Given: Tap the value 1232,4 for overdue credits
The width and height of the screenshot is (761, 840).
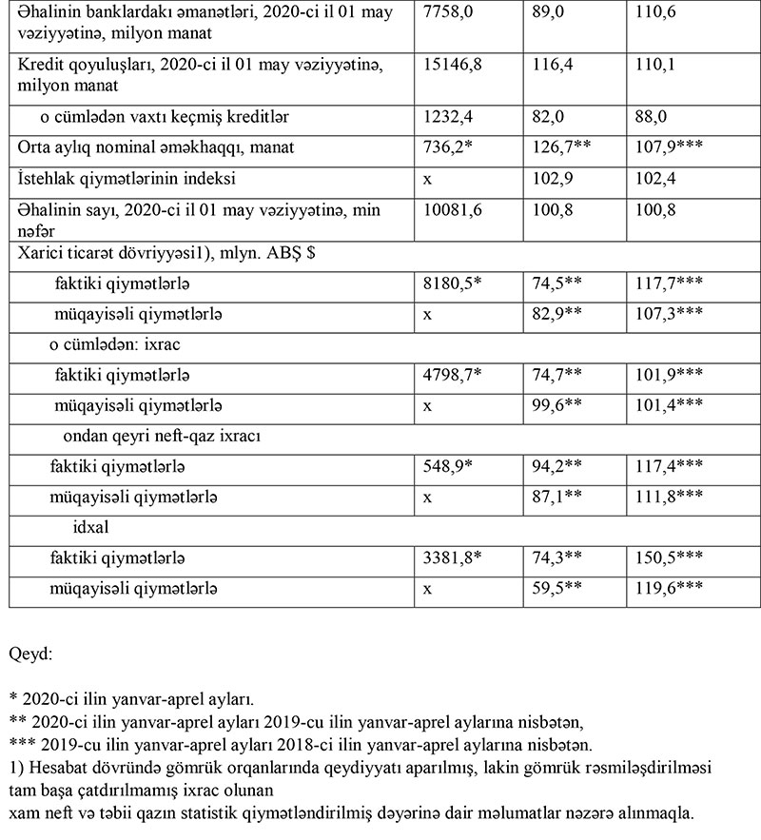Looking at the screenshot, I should pos(444,117).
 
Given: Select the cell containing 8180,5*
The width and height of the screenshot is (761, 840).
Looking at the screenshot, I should pos(452,283).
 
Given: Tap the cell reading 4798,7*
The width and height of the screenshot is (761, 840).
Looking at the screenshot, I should pos(452,374).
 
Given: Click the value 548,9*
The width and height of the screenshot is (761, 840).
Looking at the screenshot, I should pos(447,467).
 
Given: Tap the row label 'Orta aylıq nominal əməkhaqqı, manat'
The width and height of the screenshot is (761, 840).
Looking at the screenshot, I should pos(143,147).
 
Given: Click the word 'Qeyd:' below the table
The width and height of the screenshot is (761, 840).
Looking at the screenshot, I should pos(30,655).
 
